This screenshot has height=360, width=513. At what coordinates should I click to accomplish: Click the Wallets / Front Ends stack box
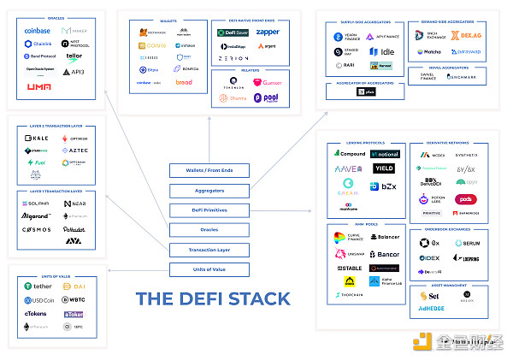tap(214, 170)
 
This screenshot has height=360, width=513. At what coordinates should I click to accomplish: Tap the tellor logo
tap(74, 56)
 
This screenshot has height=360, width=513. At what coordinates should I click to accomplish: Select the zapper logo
tap(268, 32)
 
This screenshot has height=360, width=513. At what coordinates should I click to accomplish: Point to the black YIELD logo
tap(383, 168)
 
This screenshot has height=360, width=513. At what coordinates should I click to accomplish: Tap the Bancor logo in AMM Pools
tap(384, 254)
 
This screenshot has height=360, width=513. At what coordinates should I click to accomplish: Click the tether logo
tap(39, 286)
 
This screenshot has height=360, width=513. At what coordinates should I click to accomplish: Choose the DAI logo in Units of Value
tap(76, 286)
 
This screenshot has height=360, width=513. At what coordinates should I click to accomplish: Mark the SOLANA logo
tap(37, 204)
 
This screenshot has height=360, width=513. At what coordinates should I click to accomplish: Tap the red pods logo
tap(467, 199)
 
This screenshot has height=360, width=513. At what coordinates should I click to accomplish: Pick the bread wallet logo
tap(184, 82)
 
